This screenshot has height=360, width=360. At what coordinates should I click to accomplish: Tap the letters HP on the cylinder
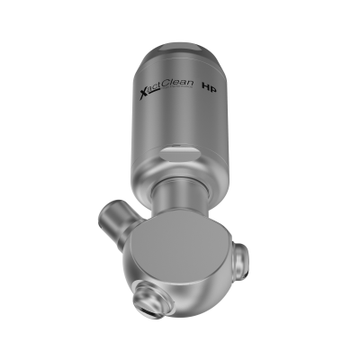pos(208,90)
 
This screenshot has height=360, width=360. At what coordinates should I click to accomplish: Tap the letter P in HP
pos(212,90)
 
